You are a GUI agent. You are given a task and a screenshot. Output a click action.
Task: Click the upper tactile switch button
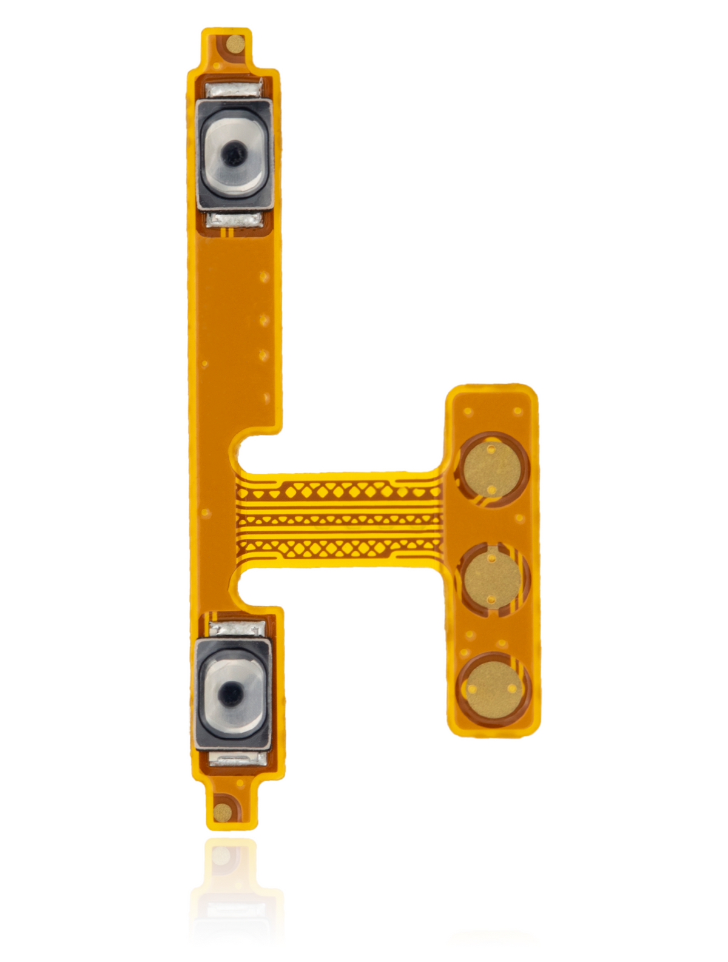click(x=234, y=156)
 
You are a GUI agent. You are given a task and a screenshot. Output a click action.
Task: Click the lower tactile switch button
click(x=233, y=691)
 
